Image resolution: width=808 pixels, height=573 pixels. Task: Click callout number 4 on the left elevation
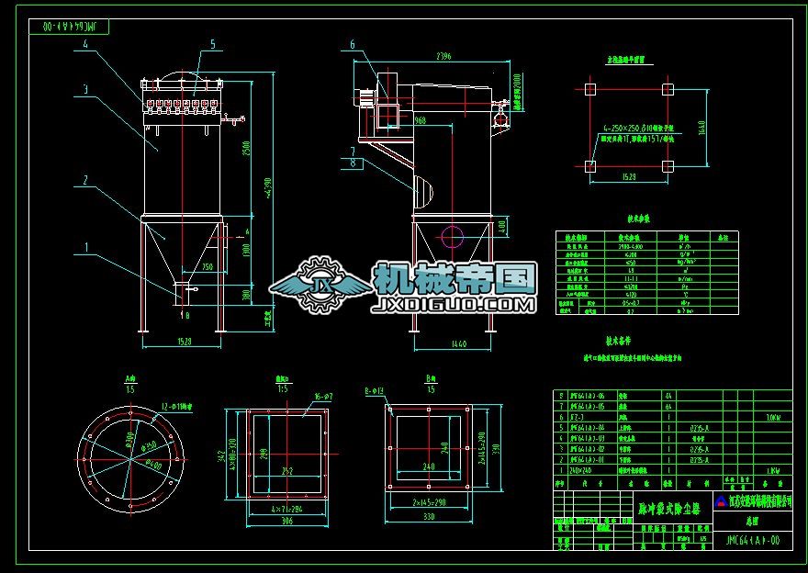point(85,43)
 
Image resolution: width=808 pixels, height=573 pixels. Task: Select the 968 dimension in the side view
point(420,120)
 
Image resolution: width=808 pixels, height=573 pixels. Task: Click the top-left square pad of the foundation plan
point(589,90)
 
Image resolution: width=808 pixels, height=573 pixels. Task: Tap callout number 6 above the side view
point(352,43)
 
